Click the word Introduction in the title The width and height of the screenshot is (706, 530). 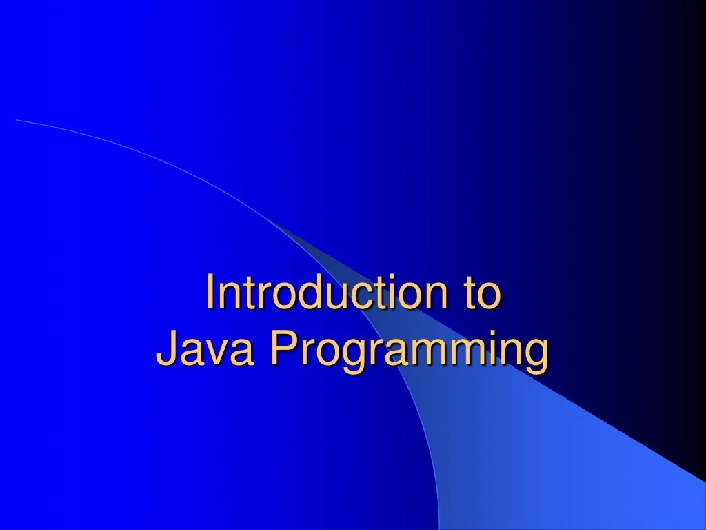tap(322, 293)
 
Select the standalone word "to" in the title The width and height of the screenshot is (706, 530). tap(481, 293)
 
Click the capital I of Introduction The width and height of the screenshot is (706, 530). tap(210, 293)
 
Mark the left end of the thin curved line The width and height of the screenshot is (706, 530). tap(17, 120)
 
